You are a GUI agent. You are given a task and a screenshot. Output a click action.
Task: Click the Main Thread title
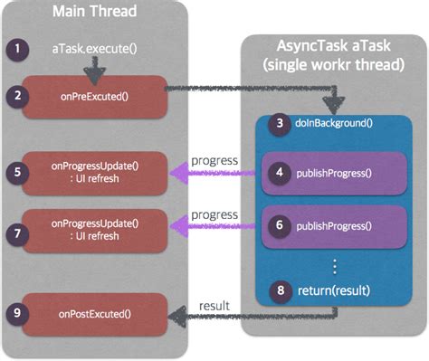click(94, 11)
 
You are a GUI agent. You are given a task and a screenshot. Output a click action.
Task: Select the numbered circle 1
click(17, 49)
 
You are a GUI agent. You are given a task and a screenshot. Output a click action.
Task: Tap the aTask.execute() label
click(94, 49)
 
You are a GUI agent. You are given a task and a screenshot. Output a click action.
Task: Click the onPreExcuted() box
click(94, 97)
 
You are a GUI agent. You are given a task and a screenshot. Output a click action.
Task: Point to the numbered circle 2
click(17, 96)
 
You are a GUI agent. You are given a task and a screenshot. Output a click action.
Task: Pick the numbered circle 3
click(280, 123)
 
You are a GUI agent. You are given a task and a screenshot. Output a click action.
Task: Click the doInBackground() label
click(334, 123)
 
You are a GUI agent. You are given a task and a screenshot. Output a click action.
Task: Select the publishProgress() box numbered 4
click(334, 174)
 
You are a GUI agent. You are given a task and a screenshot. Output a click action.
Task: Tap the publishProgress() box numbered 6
click(334, 226)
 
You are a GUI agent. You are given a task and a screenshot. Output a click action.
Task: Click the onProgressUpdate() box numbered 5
click(94, 173)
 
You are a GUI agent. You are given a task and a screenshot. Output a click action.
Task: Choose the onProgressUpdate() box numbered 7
click(94, 231)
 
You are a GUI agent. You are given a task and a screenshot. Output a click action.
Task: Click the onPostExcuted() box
click(94, 315)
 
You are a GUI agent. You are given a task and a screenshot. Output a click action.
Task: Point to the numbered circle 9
click(17, 313)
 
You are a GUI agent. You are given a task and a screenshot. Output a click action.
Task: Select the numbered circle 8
click(281, 291)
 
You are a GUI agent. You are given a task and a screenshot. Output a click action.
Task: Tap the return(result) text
click(334, 290)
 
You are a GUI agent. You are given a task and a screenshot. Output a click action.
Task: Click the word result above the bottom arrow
click(214, 306)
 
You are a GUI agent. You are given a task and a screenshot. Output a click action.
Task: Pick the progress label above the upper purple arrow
click(214, 161)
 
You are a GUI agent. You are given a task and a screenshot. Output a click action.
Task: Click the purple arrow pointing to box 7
click(213, 226)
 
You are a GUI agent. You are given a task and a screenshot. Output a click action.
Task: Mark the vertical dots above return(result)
click(334, 267)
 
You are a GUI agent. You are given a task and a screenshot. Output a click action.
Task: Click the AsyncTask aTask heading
click(333, 46)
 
